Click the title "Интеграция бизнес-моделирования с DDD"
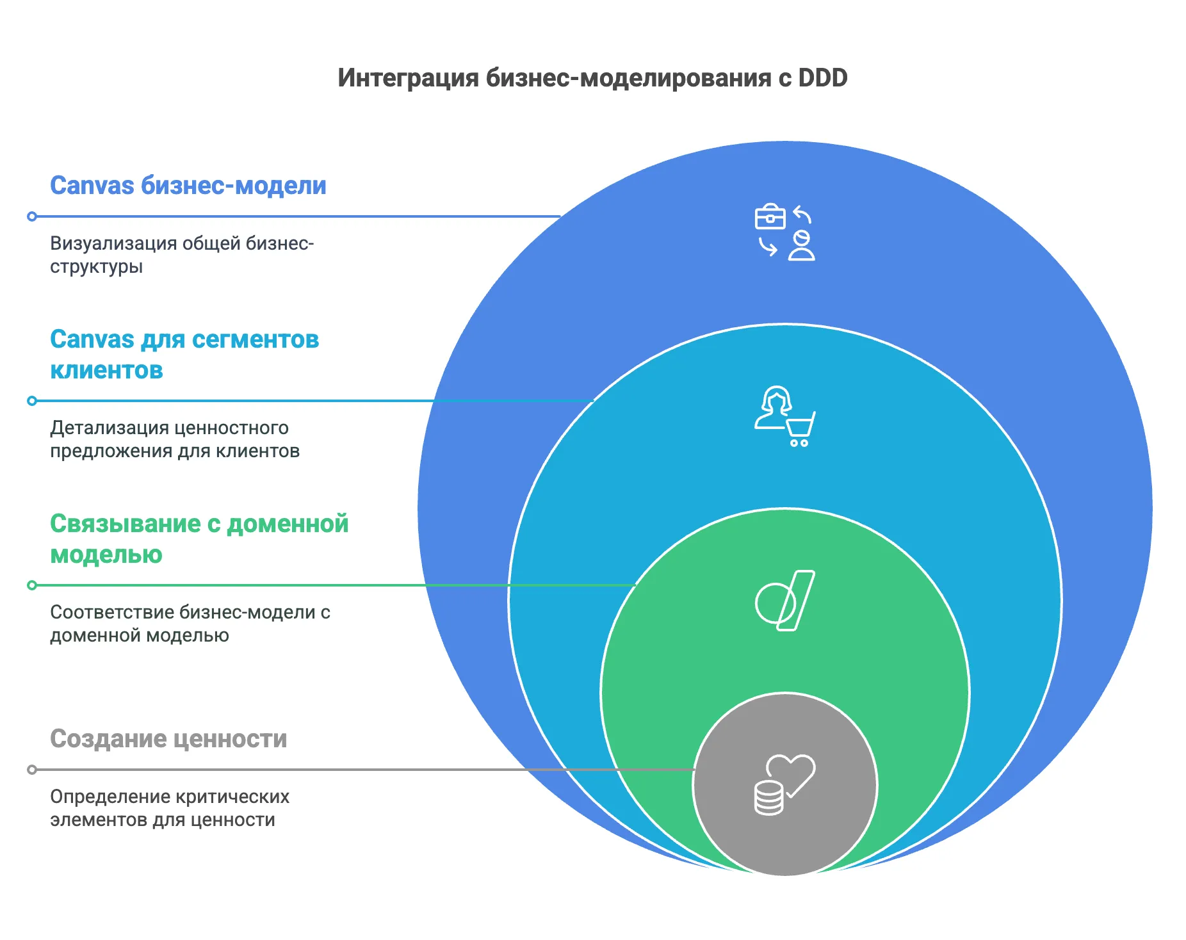click(x=592, y=78)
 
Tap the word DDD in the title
click(x=823, y=77)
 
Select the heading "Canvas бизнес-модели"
click(x=188, y=186)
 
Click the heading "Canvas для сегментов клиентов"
click(x=184, y=355)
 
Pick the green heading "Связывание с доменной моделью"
click(x=199, y=539)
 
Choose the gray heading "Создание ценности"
click(x=168, y=739)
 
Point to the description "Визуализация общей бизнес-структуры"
click(x=182, y=255)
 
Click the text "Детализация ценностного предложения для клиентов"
click(x=175, y=439)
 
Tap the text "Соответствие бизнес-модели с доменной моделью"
click(x=190, y=624)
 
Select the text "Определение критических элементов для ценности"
click(x=170, y=808)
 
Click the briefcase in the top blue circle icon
click(x=770, y=216)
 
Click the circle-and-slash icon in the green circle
click(x=784, y=601)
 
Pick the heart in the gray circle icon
click(x=792, y=773)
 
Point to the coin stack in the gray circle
click(x=768, y=798)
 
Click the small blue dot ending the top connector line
click(x=32, y=216)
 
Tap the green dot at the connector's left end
click(x=32, y=585)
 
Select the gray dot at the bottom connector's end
click(x=32, y=770)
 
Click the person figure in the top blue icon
click(x=801, y=246)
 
